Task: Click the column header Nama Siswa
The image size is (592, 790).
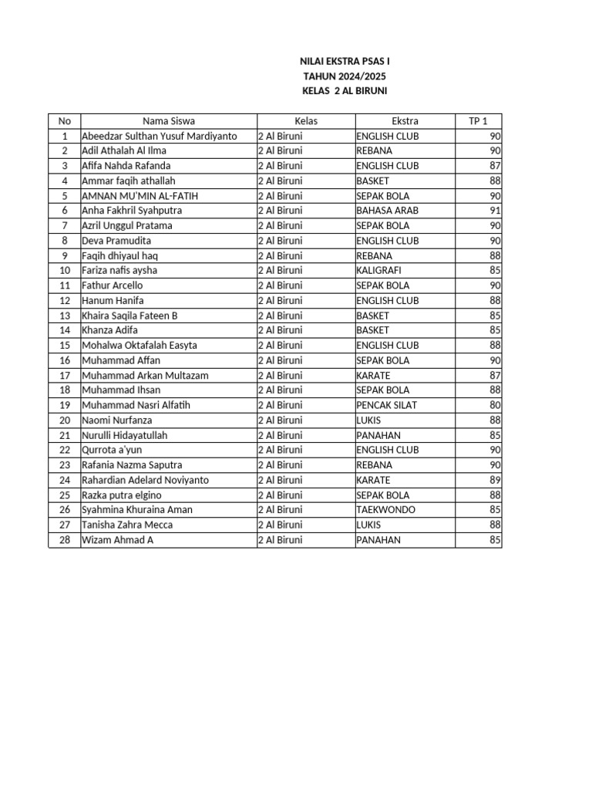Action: pyautogui.click(x=168, y=121)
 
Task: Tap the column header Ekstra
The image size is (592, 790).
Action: pyautogui.click(x=405, y=121)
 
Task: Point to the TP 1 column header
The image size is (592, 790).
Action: pyautogui.click(x=478, y=121)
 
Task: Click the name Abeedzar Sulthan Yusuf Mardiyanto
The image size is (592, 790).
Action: pyautogui.click(x=159, y=136)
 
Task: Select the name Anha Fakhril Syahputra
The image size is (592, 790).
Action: pyautogui.click(x=127, y=211)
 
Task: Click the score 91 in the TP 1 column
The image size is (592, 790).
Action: pyautogui.click(x=495, y=211)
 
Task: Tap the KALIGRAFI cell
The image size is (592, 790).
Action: pyautogui.click(x=379, y=271)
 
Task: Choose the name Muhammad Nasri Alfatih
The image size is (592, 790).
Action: pyautogui.click(x=136, y=405)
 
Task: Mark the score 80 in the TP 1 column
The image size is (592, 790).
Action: pyautogui.click(x=495, y=405)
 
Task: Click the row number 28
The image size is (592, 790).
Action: pyautogui.click(x=65, y=540)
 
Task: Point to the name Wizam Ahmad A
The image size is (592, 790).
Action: pyautogui.click(x=118, y=540)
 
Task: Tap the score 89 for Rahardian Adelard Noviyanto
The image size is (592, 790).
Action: pyautogui.click(x=495, y=480)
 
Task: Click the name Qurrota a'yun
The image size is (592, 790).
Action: pyautogui.click(x=112, y=450)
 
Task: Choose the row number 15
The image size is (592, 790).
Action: pyautogui.click(x=65, y=346)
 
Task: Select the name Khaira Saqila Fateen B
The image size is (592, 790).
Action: pyautogui.click(x=129, y=316)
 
